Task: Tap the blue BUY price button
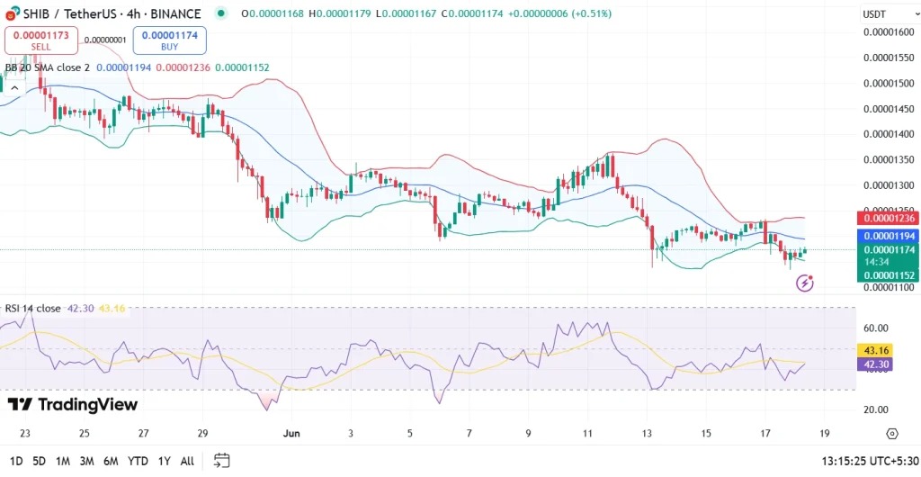(x=169, y=40)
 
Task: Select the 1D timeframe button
(x=16, y=461)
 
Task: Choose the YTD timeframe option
(x=138, y=461)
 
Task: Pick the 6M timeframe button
(x=111, y=461)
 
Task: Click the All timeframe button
(x=187, y=461)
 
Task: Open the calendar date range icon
(x=221, y=461)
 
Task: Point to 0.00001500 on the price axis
(x=888, y=84)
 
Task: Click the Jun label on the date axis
(x=291, y=433)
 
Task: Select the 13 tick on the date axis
(x=647, y=433)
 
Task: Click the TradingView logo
(x=73, y=405)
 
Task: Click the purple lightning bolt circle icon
(x=805, y=283)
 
